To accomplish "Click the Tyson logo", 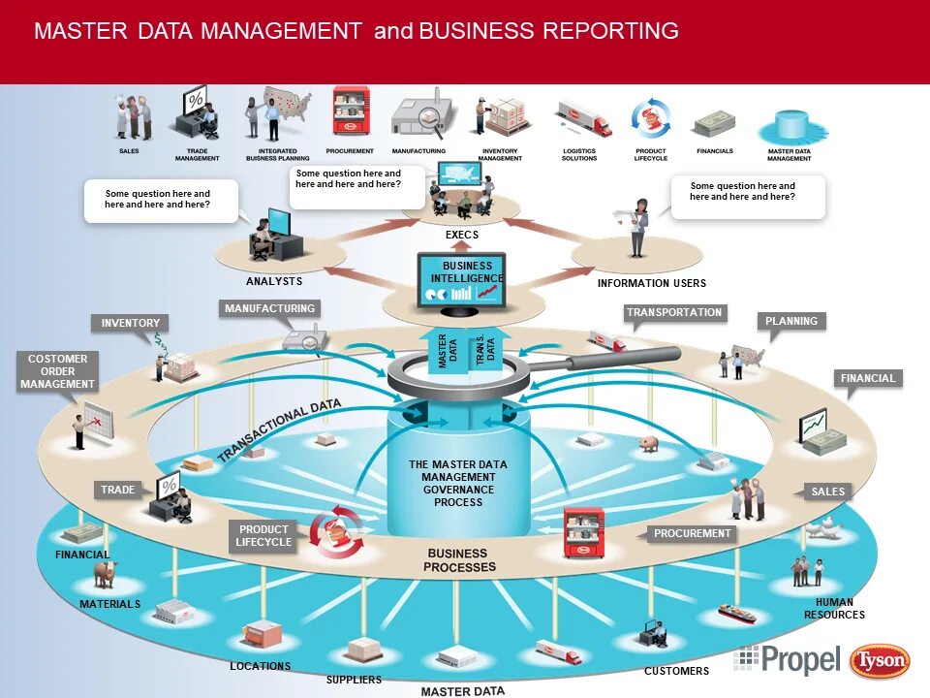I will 880,662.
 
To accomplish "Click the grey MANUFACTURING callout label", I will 269,309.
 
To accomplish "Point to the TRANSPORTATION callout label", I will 674,313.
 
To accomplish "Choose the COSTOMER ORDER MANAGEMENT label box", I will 58,372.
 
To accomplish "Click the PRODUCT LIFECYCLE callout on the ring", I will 263,536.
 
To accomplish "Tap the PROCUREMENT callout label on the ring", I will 692,534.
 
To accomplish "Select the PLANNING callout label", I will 791,322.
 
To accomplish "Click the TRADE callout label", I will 118,491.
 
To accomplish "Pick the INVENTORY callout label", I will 131,324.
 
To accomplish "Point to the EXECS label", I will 462,236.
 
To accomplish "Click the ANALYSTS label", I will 274,282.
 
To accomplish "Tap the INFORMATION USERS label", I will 652,284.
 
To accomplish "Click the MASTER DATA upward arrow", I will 443,351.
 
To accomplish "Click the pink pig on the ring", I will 648,444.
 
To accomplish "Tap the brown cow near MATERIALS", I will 105,573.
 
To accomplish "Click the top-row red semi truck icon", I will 585,120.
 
